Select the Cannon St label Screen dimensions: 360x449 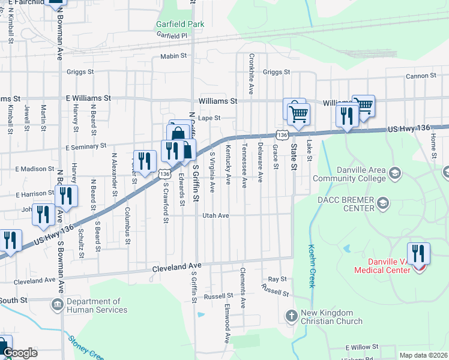click(x=420, y=76)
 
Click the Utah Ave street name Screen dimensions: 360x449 click(x=215, y=215)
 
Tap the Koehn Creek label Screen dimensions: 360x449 click(x=312, y=265)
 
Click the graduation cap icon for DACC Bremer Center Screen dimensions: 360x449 click(x=382, y=205)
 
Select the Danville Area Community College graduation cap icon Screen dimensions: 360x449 click(x=394, y=174)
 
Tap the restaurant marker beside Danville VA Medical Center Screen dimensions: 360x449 click(x=418, y=254)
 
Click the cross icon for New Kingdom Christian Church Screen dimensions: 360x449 click(x=291, y=316)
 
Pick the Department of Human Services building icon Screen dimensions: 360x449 click(x=57, y=305)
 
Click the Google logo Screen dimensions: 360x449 click(x=20, y=353)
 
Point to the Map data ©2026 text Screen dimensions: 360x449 click(x=423, y=355)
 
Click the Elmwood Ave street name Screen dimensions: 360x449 click(x=227, y=323)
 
